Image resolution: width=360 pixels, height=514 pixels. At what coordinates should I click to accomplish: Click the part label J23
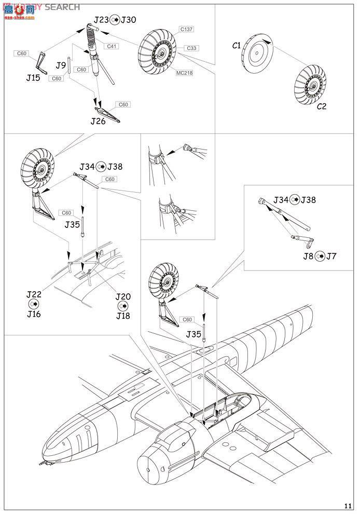(x=101, y=20)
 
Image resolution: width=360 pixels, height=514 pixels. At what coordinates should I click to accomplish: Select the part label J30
(x=128, y=20)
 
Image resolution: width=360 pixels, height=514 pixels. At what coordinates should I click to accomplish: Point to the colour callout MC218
(x=184, y=73)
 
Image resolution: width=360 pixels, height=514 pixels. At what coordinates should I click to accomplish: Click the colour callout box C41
(x=112, y=46)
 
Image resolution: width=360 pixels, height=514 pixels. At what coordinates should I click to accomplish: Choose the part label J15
(x=34, y=78)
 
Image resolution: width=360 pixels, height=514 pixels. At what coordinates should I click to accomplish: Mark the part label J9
(x=61, y=65)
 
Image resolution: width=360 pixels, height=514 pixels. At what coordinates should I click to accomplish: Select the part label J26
(x=98, y=121)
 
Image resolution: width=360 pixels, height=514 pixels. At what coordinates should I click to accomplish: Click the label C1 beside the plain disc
(x=237, y=46)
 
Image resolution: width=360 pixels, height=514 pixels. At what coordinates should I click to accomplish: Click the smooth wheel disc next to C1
(x=257, y=53)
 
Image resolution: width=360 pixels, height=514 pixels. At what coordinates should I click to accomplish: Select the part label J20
(x=123, y=296)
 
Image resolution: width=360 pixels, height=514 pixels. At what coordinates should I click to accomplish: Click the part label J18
(x=123, y=316)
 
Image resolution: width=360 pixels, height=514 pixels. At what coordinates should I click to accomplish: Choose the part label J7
(x=331, y=256)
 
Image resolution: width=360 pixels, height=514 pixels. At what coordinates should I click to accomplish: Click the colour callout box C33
(x=191, y=48)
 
